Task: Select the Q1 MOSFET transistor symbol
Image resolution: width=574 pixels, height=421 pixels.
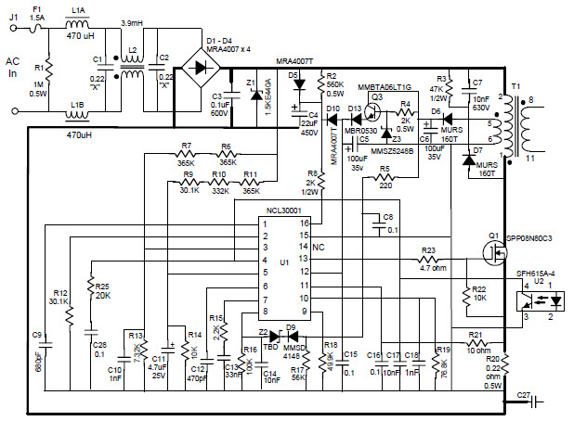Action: [x=489, y=249]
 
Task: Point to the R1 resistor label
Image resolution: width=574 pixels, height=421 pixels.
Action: [x=38, y=68]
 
